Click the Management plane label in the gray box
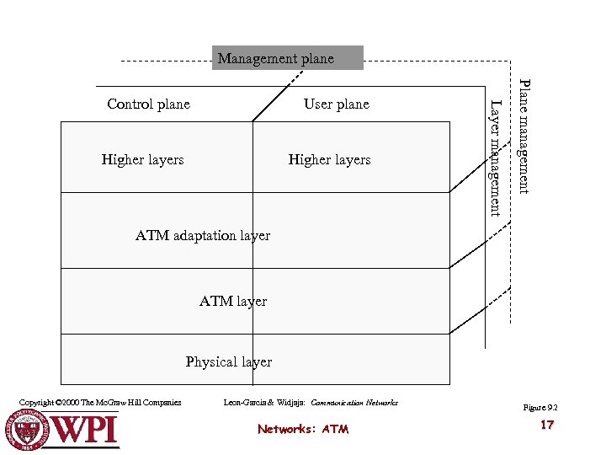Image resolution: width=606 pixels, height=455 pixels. [276, 59]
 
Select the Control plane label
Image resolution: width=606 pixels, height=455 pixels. [148, 104]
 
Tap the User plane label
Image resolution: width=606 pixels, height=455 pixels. [336, 104]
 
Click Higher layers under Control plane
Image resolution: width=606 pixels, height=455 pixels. [142, 159]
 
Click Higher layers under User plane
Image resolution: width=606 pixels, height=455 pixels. [329, 159]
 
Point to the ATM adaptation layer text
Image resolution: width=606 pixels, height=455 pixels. [203, 236]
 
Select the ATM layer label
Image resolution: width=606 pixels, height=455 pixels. [233, 301]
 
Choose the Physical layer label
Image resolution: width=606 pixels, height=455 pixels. [229, 361]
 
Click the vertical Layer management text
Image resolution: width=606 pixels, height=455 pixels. [497, 158]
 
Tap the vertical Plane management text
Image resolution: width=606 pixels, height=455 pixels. [524, 136]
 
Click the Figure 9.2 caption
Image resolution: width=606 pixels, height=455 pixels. [540, 408]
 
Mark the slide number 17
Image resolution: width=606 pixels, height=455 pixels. [547, 426]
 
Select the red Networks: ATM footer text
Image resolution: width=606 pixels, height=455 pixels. [303, 429]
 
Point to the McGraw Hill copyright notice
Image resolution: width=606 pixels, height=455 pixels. [99, 403]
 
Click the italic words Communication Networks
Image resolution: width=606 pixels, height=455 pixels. [354, 403]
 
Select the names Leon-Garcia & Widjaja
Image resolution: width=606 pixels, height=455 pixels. [265, 403]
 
